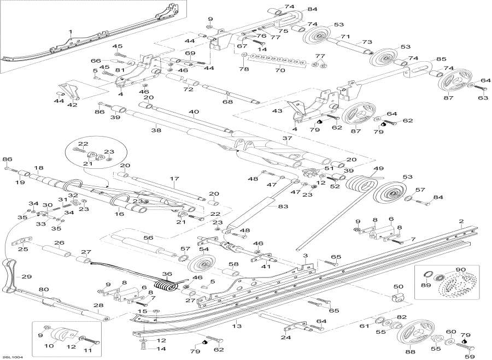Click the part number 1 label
[71, 31]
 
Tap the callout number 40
[194, 111]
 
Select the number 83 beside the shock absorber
[283, 206]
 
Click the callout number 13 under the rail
[238, 326]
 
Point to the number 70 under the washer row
[280, 70]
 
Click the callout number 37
[287, 138]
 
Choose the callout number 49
[379, 169]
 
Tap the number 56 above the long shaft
[148, 238]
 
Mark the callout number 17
[174, 179]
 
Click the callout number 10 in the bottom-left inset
[49, 346]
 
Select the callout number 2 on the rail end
[461, 222]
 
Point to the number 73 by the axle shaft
[367, 42]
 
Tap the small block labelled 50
[398, 297]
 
